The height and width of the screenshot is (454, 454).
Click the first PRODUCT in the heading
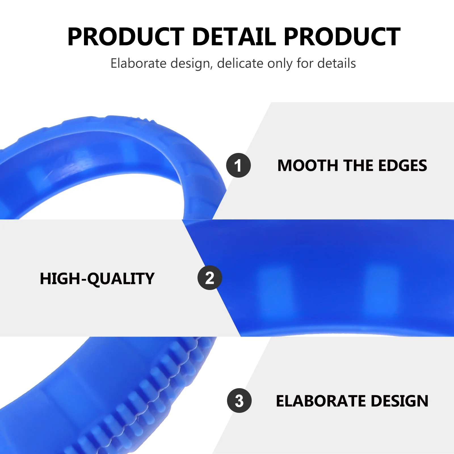[x=126, y=37]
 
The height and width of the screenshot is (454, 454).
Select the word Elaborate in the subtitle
[x=138, y=63]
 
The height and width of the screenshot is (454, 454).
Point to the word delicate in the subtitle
[x=240, y=63]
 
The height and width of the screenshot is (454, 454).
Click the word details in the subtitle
[x=337, y=63]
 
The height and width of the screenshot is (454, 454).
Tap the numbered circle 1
[x=238, y=165]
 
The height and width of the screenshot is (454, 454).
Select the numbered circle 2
[x=210, y=278]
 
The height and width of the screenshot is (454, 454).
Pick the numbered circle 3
[x=239, y=400]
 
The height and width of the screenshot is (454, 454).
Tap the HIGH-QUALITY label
[x=97, y=279]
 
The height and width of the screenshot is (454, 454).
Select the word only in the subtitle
[x=279, y=64]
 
